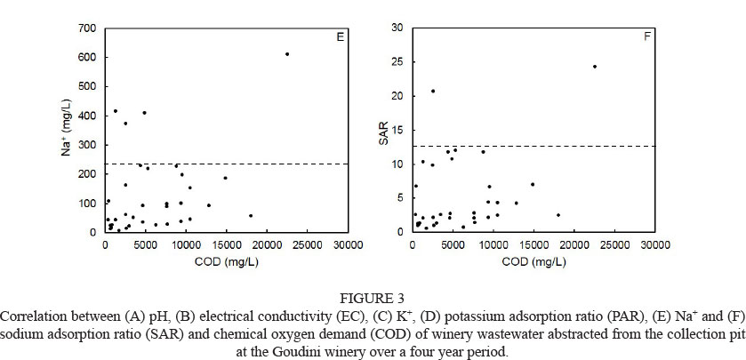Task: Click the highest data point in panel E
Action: (x=287, y=54)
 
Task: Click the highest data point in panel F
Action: (x=595, y=67)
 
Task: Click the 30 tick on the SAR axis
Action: (x=400, y=28)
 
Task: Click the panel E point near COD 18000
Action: (x=251, y=215)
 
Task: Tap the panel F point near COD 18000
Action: (x=558, y=215)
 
